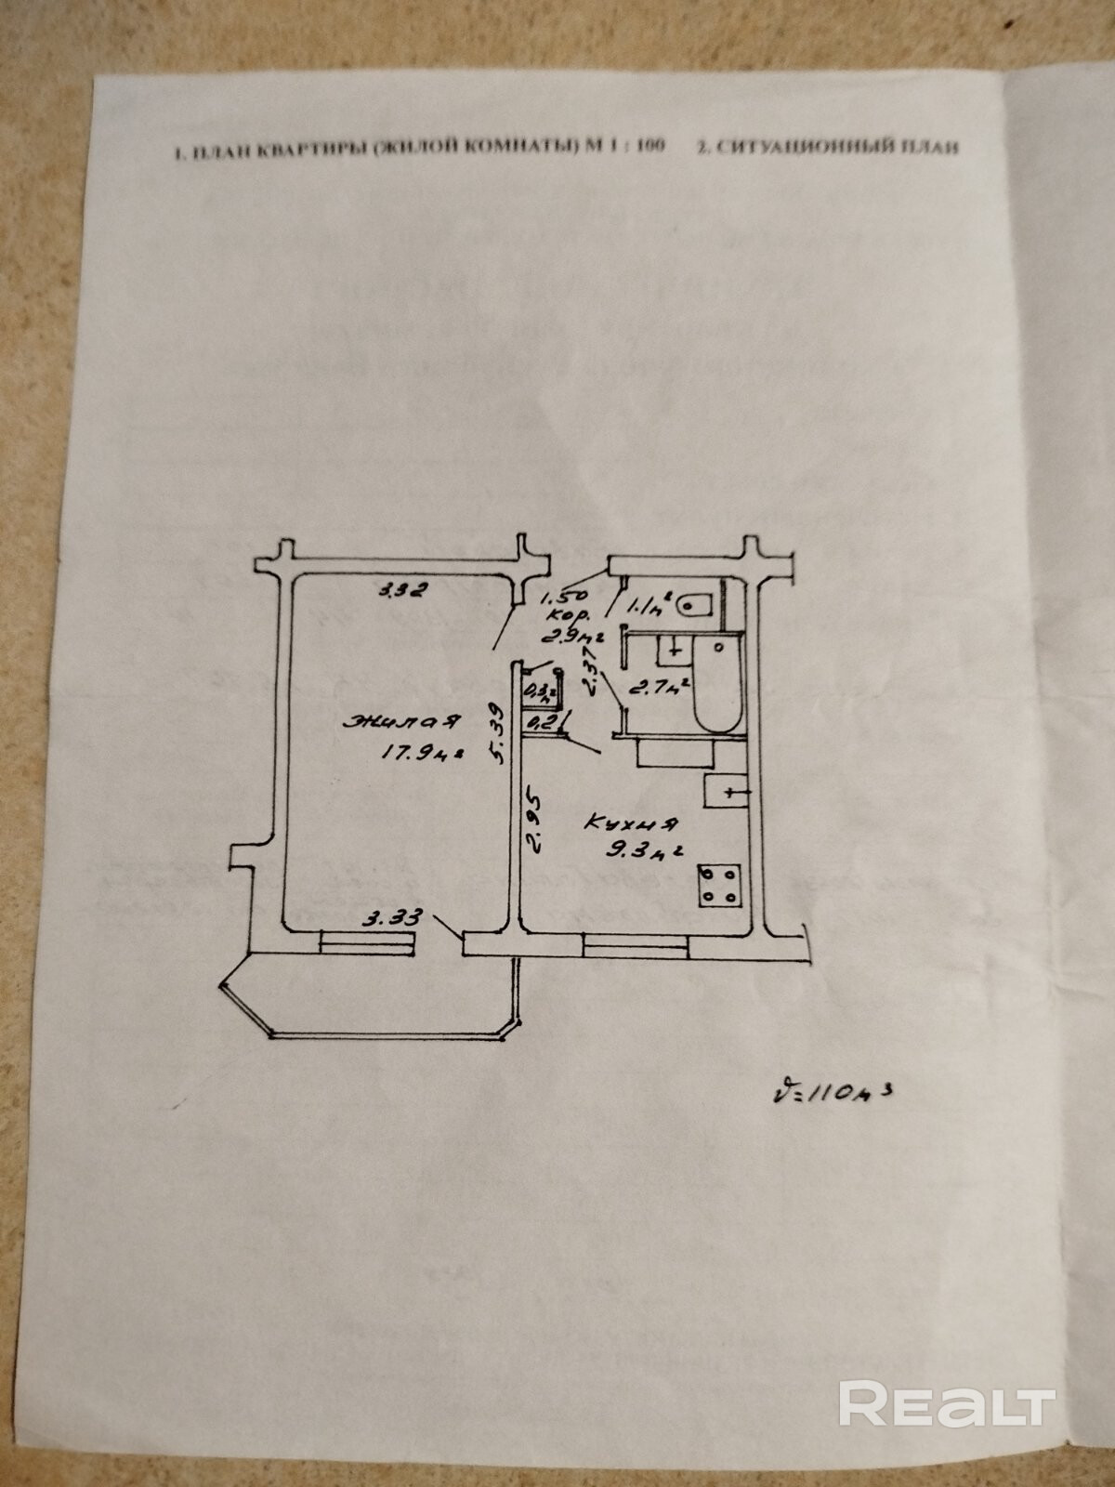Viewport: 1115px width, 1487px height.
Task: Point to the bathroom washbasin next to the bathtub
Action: pos(672,650)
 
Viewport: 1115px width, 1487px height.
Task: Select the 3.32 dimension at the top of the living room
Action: pos(401,588)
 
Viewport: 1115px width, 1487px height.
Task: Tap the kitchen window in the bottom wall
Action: pos(636,945)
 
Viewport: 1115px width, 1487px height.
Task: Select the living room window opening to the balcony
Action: pos(368,941)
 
